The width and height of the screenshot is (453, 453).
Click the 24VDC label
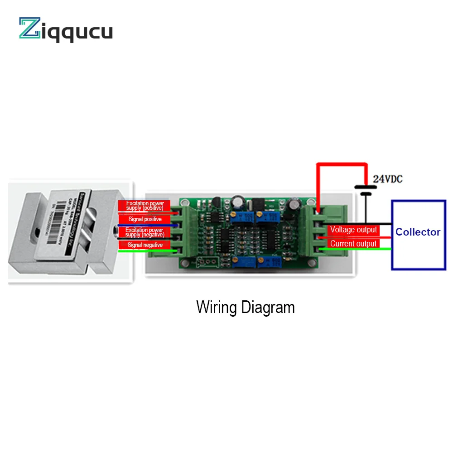[387, 179]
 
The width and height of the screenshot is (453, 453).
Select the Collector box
[418, 235]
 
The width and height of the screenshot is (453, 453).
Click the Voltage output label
[353, 230]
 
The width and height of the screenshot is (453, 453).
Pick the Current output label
[353, 244]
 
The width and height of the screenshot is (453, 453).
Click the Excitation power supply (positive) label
[145, 206]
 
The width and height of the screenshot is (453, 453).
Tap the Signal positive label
[145, 219]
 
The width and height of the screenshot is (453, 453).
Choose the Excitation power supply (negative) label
[145, 232]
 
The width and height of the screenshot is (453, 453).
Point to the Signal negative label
[145, 245]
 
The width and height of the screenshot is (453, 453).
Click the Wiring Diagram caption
[245, 308]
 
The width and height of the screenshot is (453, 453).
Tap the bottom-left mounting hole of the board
[185, 265]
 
